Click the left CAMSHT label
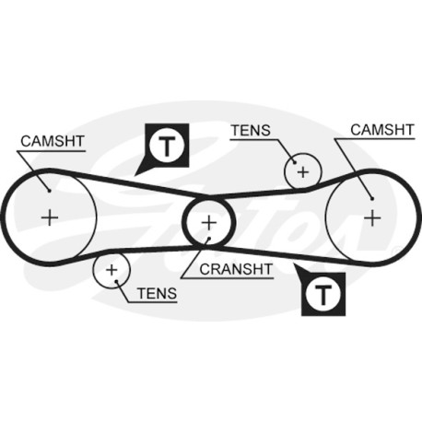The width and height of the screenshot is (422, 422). click(53, 141)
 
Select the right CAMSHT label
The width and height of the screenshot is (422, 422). click(382, 130)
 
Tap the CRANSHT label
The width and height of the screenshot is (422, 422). click(236, 269)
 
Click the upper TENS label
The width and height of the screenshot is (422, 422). click(251, 130)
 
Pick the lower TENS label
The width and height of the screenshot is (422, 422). click(158, 293)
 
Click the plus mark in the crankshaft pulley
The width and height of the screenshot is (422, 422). click(209, 223)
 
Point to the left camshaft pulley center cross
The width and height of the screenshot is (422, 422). click(50, 217)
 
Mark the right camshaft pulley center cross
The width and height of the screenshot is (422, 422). click(372, 217)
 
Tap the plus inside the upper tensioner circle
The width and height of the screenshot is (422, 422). click(303, 171)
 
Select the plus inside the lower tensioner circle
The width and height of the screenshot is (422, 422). click(111, 270)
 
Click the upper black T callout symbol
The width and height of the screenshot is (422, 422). click(167, 146)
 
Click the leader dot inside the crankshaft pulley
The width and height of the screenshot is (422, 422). click(208, 239)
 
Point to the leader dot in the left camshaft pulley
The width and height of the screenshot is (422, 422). click(49, 191)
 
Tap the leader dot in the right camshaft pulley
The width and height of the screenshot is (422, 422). click(372, 199)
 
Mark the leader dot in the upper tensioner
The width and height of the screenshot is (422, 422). click(295, 163)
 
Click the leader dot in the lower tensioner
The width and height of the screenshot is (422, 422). click(116, 281)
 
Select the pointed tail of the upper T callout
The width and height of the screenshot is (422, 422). click(135, 176)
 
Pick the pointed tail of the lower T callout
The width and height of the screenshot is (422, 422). click(294, 264)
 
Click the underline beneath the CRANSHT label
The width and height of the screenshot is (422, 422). click(228, 278)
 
